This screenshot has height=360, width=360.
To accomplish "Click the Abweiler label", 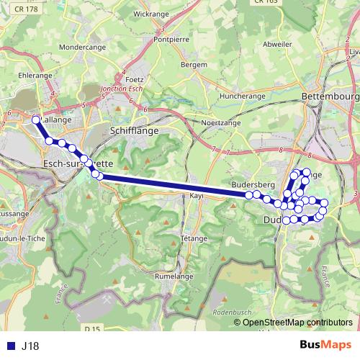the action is tap(277, 44).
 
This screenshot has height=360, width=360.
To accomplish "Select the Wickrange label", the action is tap(151, 14).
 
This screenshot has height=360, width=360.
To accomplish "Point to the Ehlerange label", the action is tap(37, 74).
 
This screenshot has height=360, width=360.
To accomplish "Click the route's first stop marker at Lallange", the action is tap(36, 120).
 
